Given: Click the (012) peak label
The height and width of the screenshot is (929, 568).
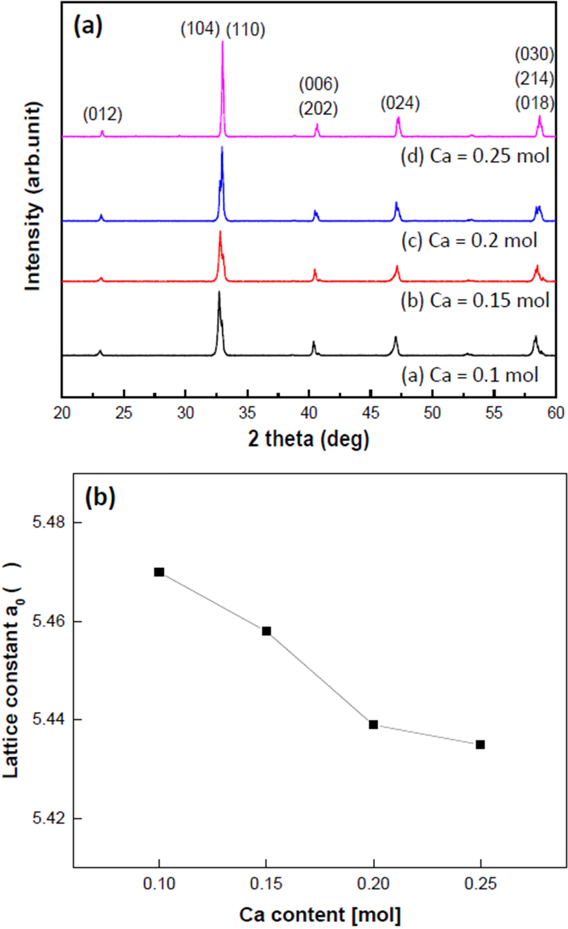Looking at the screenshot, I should (x=103, y=115).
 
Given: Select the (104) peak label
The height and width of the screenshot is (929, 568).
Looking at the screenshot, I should (x=200, y=30).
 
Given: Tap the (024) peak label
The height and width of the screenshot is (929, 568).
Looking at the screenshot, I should (x=400, y=104).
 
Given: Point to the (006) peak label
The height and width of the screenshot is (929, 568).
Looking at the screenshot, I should (x=319, y=84).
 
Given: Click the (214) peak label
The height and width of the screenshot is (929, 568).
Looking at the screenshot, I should (x=534, y=79).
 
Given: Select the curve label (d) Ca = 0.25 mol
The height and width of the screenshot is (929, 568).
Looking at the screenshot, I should (x=476, y=156).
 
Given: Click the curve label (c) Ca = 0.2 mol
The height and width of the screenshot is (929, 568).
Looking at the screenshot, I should (x=469, y=240).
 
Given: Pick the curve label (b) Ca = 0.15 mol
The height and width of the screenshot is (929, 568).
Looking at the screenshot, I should (x=476, y=300).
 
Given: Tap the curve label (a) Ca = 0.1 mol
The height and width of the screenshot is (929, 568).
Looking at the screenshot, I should (x=470, y=375).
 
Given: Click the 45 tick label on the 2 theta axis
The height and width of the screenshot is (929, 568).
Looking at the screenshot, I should (x=370, y=413).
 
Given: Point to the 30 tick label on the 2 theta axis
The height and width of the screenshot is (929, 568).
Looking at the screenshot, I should (x=185, y=413).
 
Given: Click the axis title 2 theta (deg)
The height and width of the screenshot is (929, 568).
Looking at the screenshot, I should (x=308, y=439).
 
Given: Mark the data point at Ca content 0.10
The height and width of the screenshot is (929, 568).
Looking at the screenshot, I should (x=159, y=572).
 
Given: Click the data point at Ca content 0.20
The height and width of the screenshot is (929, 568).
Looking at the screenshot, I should (x=373, y=725).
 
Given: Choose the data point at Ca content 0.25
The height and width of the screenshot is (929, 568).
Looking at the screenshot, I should (x=481, y=745).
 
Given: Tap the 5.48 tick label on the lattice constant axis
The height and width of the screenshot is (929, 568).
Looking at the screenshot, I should (x=49, y=523).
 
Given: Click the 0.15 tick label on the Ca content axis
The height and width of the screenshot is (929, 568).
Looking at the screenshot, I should (x=266, y=883).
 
